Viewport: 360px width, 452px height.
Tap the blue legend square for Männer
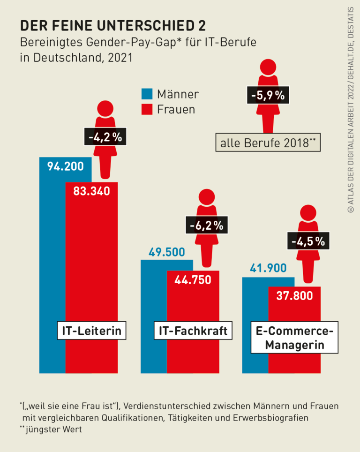(147, 94)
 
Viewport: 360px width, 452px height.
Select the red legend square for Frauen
(147, 109)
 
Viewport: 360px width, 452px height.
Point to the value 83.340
(91, 191)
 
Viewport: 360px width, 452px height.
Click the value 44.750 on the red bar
(193, 280)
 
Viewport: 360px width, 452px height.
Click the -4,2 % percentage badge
(105, 137)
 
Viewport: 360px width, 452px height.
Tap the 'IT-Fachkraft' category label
(193, 331)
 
